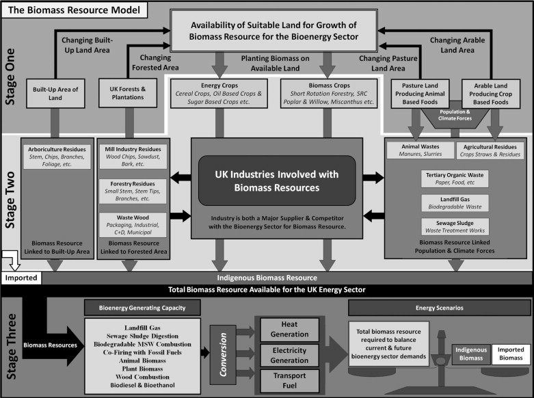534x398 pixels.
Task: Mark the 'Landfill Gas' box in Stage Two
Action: click(x=453, y=202)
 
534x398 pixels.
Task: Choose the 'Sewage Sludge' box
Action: click(x=453, y=227)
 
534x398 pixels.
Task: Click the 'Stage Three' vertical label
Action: click(x=11, y=347)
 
